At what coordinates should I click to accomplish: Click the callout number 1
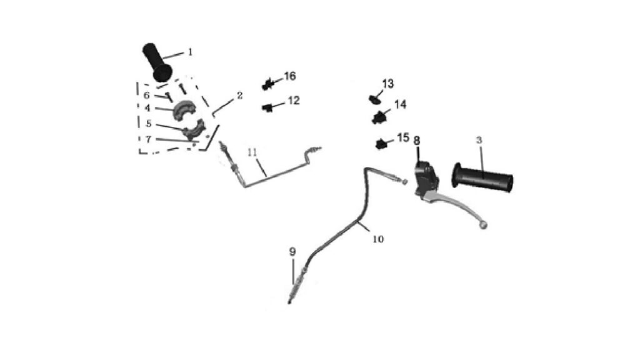click(x=190, y=52)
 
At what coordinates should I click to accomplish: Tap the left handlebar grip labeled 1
click(x=157, y=62)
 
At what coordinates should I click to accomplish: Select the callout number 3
click(x=479, y=141)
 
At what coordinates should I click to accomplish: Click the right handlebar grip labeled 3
click(x=482, y=178)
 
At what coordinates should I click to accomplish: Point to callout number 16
click(x=290, y=76)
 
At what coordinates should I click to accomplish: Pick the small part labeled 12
click(x=267, y=107)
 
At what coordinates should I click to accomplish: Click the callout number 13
click(x=387, y=84)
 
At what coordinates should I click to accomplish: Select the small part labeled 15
click(x=381, y=144)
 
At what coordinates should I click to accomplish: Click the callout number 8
click(x=416, y=141)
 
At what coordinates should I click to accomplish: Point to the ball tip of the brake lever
click(x=484, y=225)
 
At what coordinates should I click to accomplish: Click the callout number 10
click(x=378, y=239)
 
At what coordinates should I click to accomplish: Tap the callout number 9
click(x=292, y=252)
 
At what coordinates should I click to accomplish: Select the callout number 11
click(x=252, y=152)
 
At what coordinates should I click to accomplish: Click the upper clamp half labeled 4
click(x=185, y=110)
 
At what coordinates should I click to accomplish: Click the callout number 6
click(x=146, y=96)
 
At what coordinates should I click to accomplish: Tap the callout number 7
click(x=148, y=139)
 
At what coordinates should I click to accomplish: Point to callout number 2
click(x=239, y=96)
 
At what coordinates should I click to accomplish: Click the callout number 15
click(x=403, y=137)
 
